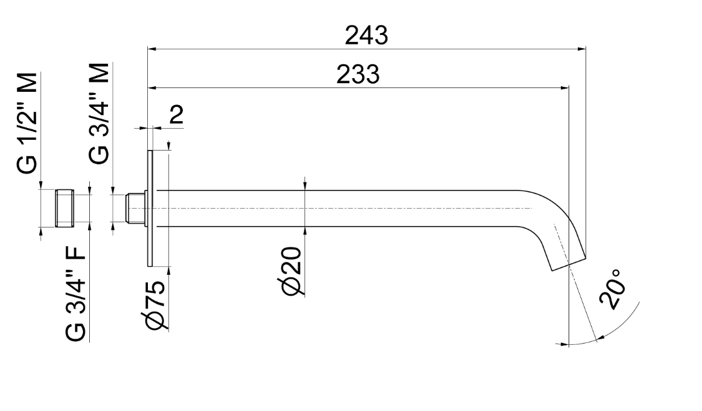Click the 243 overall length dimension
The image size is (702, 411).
click(x=366, y=35)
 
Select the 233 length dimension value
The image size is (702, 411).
click(x=358, y=75)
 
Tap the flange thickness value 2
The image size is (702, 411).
click(x=177, y=116)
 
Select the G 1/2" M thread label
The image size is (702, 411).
click(x=27, y=122)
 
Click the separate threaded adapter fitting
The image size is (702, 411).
click(x=64, y=209)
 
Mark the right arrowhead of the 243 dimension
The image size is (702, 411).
click(x=582, y=47)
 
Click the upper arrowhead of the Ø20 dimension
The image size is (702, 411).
click(x=305, y=186)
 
